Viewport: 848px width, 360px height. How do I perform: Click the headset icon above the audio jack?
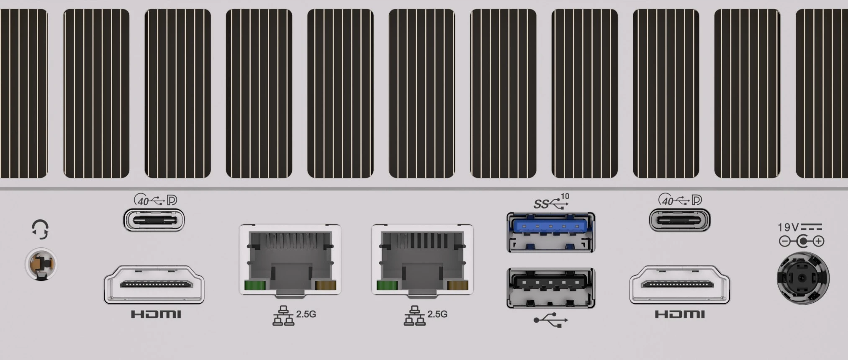pyautogui.click(x=40, y=229)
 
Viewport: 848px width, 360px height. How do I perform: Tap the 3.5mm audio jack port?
pyautogui.click(x=41, y=264)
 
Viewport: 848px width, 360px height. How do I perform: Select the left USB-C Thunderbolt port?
pyautogui.click(x=154, y=220)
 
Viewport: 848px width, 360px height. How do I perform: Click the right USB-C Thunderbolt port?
pyautogui.click(x=679, y=220)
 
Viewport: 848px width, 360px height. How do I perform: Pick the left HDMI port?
pyautogui.click(x=154, y=285)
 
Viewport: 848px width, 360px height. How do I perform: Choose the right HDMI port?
pyautogui.click(x=679, y=285)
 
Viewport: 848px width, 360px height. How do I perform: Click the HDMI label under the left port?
pyautogui.click(x=156, y=314)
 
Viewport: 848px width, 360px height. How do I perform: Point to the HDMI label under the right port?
pyautogui.click(x=680, y=314)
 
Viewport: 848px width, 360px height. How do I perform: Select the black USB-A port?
pyautogui.click(x=551, y=288)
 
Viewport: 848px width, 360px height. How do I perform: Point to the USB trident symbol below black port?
pyautogui.click(x=551, y=321)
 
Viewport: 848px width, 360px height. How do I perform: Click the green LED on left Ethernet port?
pyautogui.click(x=255, y=286)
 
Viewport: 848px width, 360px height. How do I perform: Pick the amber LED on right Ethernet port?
pyautogui.click(x=457, y=286)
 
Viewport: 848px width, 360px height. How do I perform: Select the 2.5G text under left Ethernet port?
pyautogui.click(x=306, y=314)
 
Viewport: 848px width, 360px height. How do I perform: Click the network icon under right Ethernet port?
pyautogui.click(x=414, y=316)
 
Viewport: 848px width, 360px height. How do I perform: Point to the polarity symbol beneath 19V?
pyautogui.click(x=802, y=242)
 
